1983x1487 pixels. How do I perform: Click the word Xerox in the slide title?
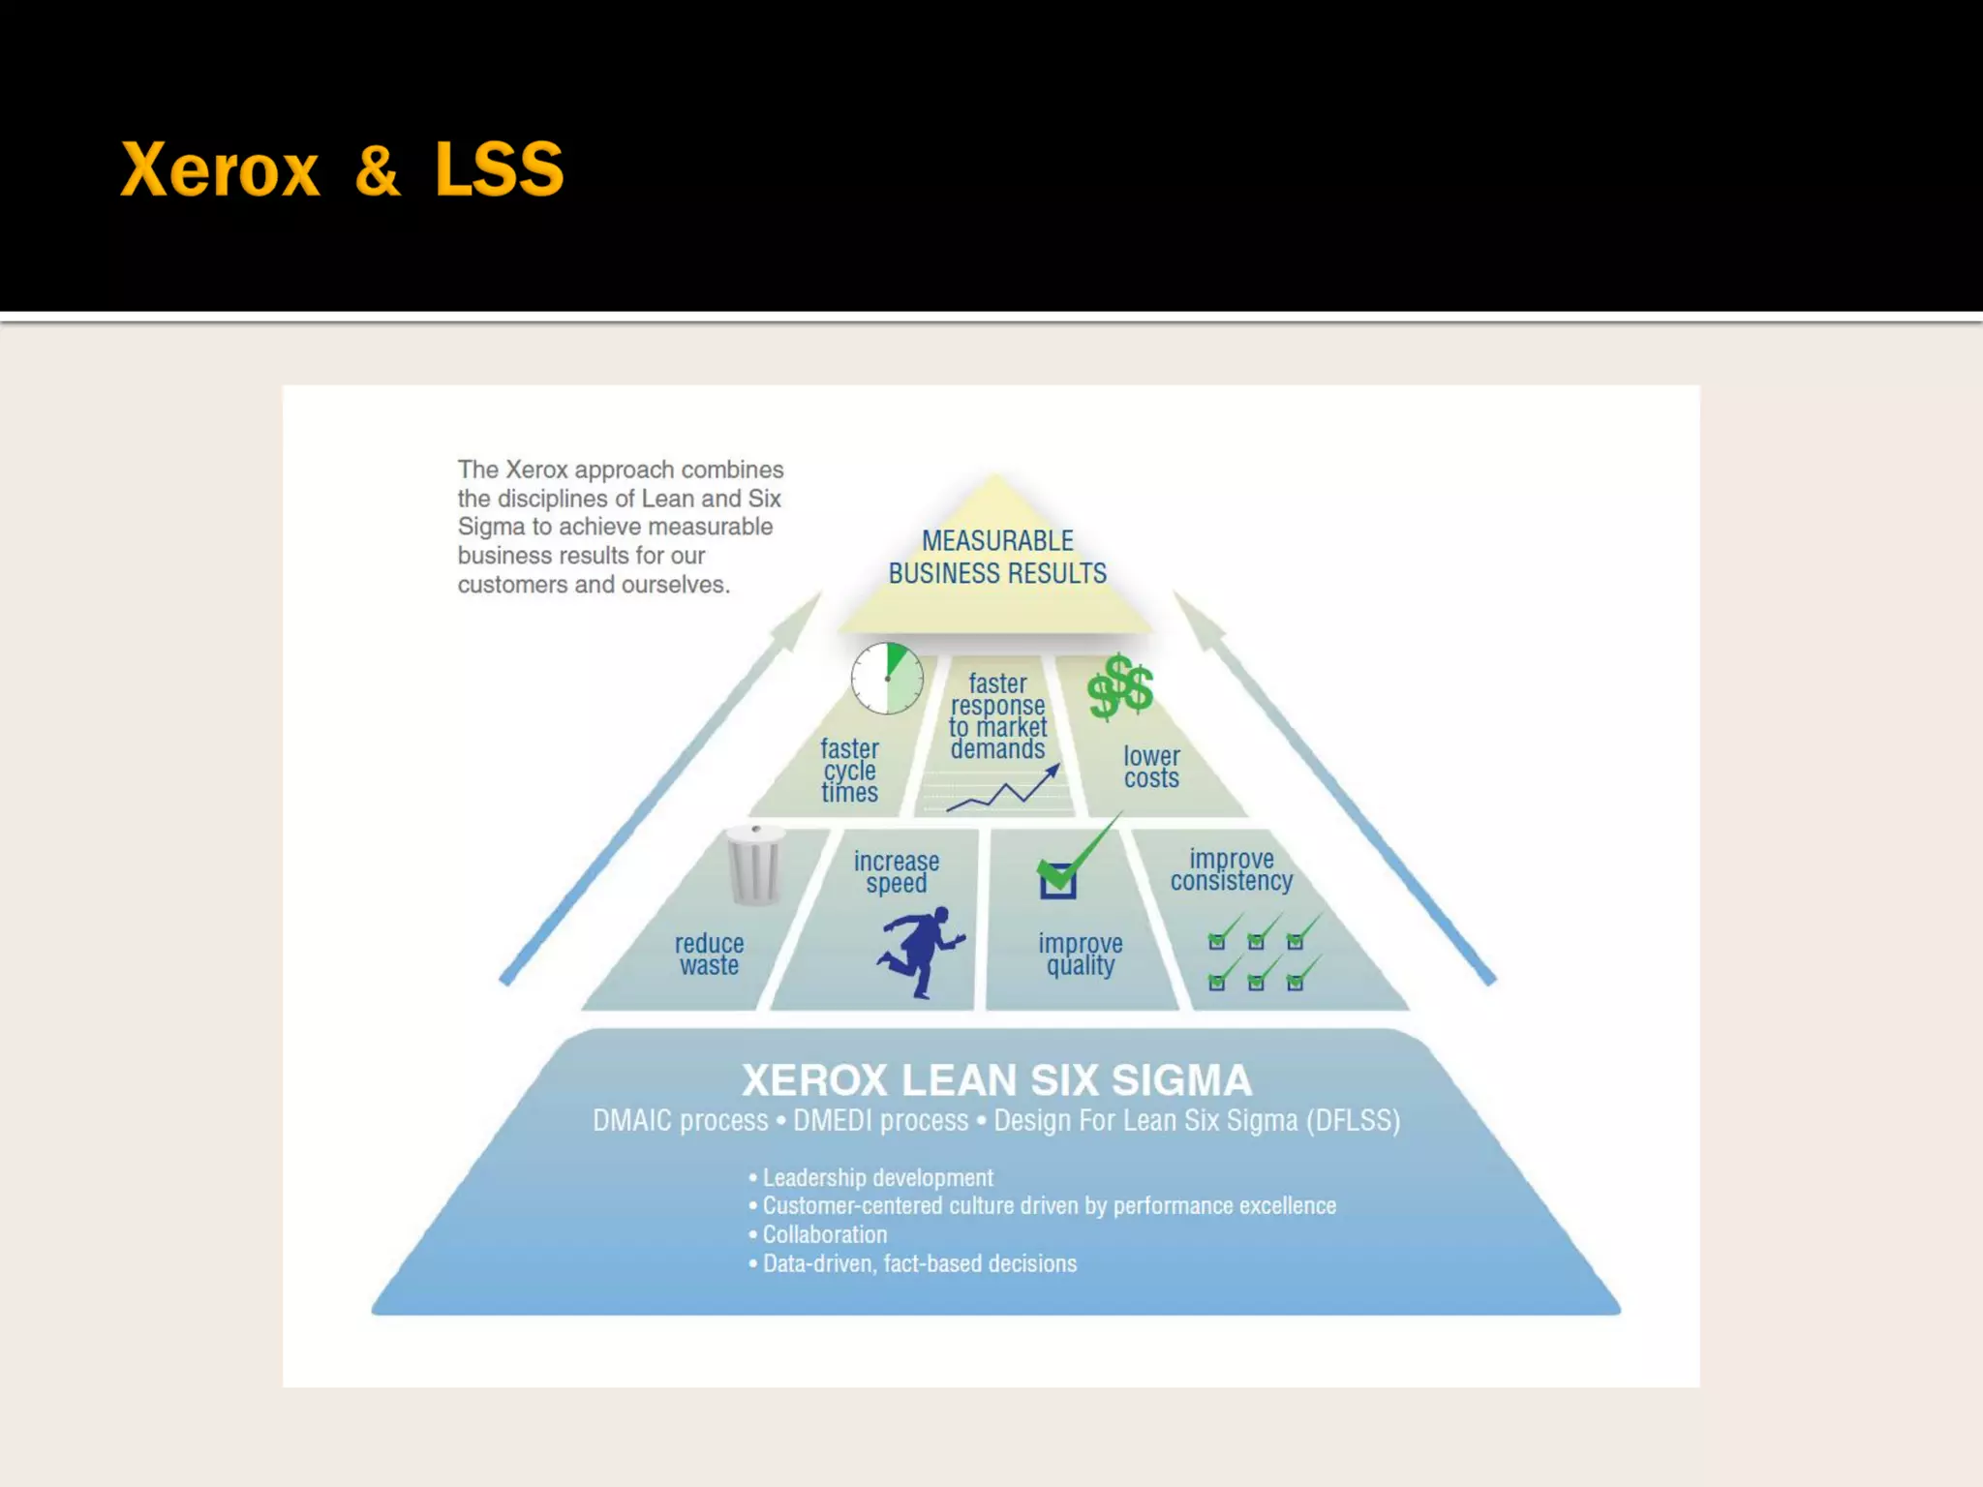click(220, 170)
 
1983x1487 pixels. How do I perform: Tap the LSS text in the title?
click(499, 170)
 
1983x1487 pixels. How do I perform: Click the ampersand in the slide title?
click(377, 170)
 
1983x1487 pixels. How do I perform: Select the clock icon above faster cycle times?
click(887, 679)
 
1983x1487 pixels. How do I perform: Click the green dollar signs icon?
click(1120, 686)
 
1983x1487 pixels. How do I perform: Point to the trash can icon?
click(754, 865)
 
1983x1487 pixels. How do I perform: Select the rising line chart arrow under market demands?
click(1003, 789)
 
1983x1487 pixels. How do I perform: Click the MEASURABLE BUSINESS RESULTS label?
click(997, 557)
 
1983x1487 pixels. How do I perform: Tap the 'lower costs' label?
click(1151, 767)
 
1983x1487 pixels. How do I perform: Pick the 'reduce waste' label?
click(709, 954)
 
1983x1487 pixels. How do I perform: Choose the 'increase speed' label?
click(897, 871)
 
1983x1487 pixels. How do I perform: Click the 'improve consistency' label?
click(1232, 869)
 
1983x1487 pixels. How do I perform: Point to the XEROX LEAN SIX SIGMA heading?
click(996, 1079)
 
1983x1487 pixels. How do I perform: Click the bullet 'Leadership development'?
click(877, 1177)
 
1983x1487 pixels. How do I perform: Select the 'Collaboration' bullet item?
click(824, 1234)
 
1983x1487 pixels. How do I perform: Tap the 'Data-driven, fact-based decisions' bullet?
click(919, 1263)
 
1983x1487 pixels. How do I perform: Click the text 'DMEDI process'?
click(880, 1120)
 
